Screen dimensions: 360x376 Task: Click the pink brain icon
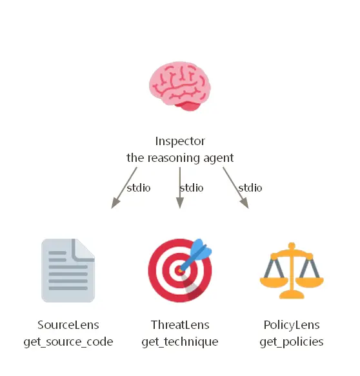click(x=180, y=86)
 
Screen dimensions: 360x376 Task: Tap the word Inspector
click(x=180, y=141)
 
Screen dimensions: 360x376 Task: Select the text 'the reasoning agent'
click(x=180, y=158)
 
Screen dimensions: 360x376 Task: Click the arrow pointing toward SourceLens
click(x=124, y=188)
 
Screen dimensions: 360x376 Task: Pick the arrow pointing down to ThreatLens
click(x=180, y=188)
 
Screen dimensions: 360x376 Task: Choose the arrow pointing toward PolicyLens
click(x=235, y=188)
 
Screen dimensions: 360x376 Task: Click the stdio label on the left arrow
click(x=139, y=188)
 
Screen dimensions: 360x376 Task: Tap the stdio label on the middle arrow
click(x=192, y=188)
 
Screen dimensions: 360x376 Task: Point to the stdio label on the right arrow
click(x=250, y=188)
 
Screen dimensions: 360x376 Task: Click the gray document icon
click(x=68, y=270)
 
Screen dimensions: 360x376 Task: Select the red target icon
click(x=180, y=270)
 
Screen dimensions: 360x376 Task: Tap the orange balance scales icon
click(x=292, y=271)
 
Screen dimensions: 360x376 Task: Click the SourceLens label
click(x=68, y=325)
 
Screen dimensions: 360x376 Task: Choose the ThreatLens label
click(x=180, y=325)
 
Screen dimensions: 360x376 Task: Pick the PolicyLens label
click(x=292, y=326)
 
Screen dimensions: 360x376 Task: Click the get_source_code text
click(x=68, y=342)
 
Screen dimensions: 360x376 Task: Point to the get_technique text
click(x=180, y=342)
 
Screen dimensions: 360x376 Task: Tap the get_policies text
click(x=292, y=342)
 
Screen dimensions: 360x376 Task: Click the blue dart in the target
click(x=195, y=255)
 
